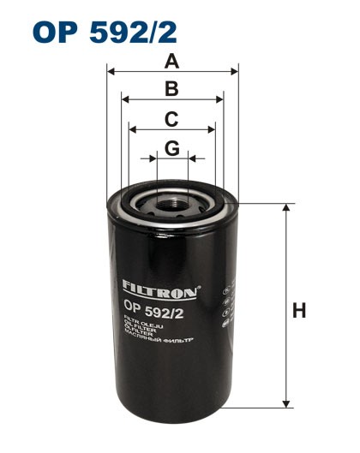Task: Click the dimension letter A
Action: pyautogui.click(x=172, y=61)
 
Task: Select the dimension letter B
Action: pyautogui.click(x=171, y=88)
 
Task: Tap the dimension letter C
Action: pyautogui.click(x=171, y=118)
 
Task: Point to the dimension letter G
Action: pyautogui.click(x=171, y=147)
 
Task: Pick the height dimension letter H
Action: pyautogui.click(x=299, y=311)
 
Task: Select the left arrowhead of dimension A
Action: pyautogui.click(x=111, y=72)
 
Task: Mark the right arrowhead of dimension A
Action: pyautogui.click(x=234, y=72)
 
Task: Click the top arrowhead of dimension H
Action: pyautogui.click(x=285, y=209)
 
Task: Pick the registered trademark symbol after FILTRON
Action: pyautogui.click(x=201, y=286)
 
